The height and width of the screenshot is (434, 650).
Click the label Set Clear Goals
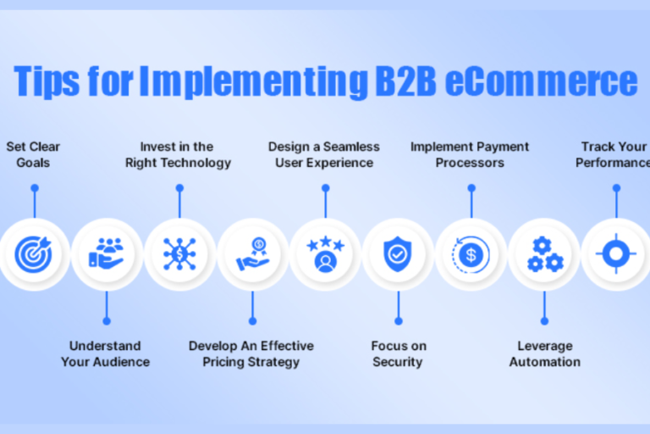pyautogui.click(x=34, y=154)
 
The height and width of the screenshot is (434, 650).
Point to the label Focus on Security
pyautogui.click(x=398, y=353)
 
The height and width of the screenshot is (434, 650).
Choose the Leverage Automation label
pyautogui.click(x=544, y=353)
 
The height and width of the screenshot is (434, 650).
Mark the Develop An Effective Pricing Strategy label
pyautogui.click(x=251, y=353)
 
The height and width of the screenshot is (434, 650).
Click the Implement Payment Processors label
pyautogui.click(x=470, y=154)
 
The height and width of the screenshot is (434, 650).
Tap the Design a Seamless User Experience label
pyautogui.click(x=324, y=154)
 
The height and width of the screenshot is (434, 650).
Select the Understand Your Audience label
pyautogui.click(x=106, y=353)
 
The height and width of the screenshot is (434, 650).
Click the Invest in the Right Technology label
pyautogui.click(x=179, y=154)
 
